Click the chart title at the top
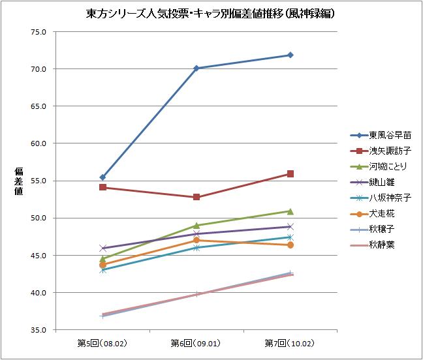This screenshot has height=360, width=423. (211, 12)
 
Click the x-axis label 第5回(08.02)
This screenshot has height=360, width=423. (102, 342)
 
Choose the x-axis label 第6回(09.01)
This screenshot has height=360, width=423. (196, 342)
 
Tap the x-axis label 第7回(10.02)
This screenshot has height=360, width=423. (290, 342)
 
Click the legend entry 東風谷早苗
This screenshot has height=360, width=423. (390, 136)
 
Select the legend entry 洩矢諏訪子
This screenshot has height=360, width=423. (390, 151)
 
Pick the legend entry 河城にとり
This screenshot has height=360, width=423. (390, 167)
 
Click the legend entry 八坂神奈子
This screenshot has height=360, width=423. (390, 198)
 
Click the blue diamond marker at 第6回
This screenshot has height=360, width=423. (196, 68)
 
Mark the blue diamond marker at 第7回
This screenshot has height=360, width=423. (290, 55)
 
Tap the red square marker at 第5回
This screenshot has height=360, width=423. (102, 187)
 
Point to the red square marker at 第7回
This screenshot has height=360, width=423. (290, 173)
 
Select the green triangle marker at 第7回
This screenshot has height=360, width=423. (290, 211)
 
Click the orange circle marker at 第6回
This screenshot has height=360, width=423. (196, 240)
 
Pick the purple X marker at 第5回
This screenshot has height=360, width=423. (102, 248)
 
